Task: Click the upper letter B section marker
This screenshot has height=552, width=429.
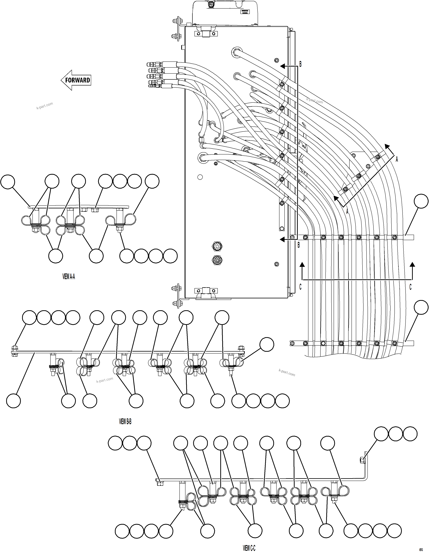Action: click(300, 64)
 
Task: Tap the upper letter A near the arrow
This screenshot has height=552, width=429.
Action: click(397, 159)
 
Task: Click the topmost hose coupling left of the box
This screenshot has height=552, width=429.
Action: click(155, 64)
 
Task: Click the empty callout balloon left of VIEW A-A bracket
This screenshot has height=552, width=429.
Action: click(8, 181)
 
